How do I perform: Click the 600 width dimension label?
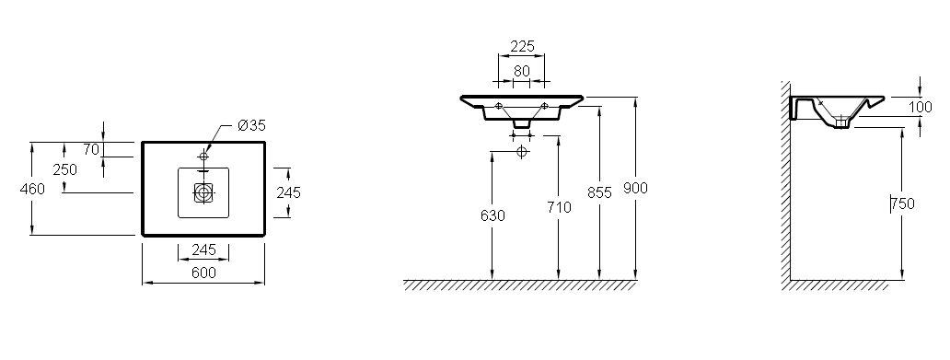(x=203, y=273)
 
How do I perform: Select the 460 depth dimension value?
(x=32, y=189)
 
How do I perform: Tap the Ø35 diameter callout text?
(x=251, y=126)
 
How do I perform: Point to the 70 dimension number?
(x=91, y=149)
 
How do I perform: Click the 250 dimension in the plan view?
(x=64, y=169)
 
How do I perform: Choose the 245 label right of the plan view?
(x=288, y=192)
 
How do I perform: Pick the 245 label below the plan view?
(x=203, y=250)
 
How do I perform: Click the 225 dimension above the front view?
(x=522, y=47)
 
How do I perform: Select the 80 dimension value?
(x=522, y=71)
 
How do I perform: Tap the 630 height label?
(x=492, y=215)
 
